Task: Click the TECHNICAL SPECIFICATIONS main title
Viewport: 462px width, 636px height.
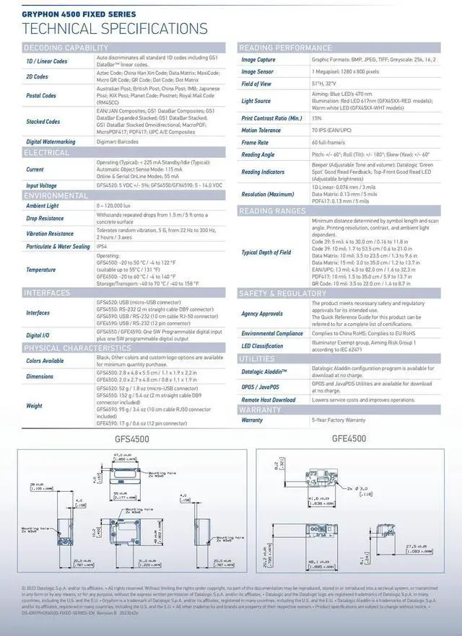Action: click(115, 28)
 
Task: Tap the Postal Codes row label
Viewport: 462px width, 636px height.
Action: click(41, 96)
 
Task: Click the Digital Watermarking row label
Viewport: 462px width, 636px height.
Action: click(51, 142)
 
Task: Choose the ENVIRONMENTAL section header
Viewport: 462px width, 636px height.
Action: click(56, 195)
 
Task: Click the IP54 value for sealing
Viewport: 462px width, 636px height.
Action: click(102, 247)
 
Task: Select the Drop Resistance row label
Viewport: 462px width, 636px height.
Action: click(45, 218)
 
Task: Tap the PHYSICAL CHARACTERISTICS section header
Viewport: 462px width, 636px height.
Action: click(77, 348)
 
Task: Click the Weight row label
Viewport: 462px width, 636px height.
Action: click(35, 406)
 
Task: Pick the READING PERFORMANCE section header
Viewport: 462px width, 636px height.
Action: click(285, 48)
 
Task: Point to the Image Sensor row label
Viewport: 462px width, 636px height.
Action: click(257, 72)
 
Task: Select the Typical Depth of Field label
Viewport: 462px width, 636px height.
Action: click(266, 252)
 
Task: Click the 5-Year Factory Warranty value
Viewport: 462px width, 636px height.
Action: click(339, 420)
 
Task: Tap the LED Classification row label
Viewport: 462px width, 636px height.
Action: click(263, 346)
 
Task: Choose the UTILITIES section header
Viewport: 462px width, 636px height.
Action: click(257, 358)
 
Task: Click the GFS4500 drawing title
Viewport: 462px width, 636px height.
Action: click(132, 438)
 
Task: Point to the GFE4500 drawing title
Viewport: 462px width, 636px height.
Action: click(349, 438)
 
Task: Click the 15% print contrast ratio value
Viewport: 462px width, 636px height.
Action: click(317, 118)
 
